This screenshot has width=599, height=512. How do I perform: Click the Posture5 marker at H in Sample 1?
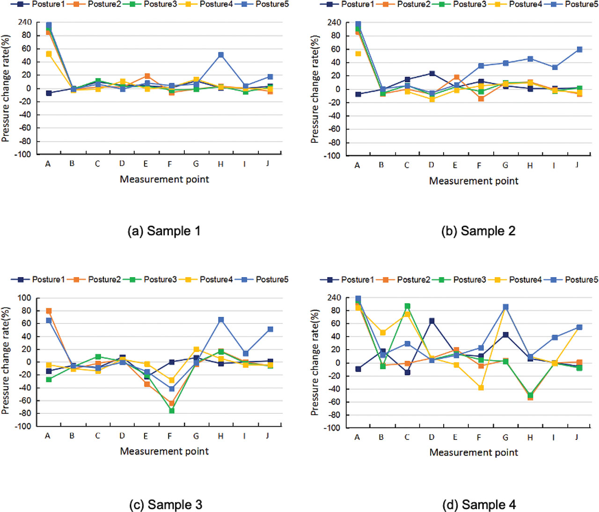tap(220, 55)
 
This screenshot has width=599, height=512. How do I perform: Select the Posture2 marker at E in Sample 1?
tap(147, 76)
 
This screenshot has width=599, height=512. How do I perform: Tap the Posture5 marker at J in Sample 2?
tap(579, 50)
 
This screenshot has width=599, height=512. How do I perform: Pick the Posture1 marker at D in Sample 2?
tap(432, 73)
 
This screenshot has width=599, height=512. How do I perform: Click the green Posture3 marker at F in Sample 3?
tap(172, 410)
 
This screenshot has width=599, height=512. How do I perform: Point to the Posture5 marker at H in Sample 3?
tap(220, 320)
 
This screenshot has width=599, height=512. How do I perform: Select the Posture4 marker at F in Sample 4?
tap(481, 388)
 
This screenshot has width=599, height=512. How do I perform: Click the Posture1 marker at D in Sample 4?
tap(431, 321)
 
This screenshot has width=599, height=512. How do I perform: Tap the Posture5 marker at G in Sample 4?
tap(505, 307)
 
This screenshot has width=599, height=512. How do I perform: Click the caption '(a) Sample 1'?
tap(164, 231)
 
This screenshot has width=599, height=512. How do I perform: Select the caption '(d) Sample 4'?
tap(479, 505)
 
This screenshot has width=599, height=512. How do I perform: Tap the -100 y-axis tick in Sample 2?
tap(332, 156)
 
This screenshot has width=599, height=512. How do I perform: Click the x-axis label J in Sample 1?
tap(268, 163)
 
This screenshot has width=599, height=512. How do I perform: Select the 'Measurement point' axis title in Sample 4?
tap(474, 453)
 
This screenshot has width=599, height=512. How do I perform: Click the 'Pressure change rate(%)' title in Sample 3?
tap(6, 360)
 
